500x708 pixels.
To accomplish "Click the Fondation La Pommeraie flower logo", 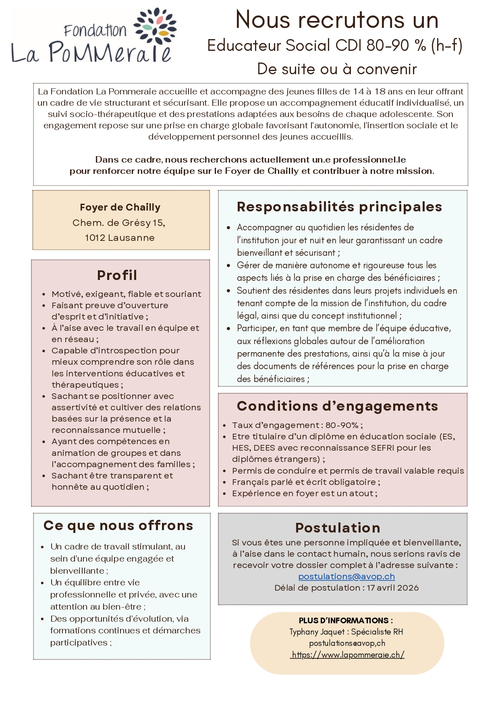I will tap(155, 26).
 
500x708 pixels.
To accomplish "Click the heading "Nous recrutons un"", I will tap(337, 20).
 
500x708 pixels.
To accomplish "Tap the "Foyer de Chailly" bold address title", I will tap(120, 207).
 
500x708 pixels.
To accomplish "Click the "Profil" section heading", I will tap(117, 275).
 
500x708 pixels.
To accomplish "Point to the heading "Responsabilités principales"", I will tap(339, 207).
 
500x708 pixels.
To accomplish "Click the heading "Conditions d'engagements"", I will tap(337, 406).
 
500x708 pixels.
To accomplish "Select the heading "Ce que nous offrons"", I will tap(118, 526).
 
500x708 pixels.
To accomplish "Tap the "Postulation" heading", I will tap(338, 528).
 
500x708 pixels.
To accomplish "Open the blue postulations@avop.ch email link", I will tap(346, 576).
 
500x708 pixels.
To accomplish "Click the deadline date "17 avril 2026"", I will tap(392, 588).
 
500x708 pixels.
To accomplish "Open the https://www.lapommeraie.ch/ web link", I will tap(348, 655).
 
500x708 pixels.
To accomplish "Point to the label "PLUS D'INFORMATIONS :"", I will tap(346, 620).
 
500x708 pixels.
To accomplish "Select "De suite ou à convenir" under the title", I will tap(337, 69).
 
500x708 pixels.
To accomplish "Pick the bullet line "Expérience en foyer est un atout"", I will tap(304, 493).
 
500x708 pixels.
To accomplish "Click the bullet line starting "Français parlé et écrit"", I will tap(305, 482).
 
